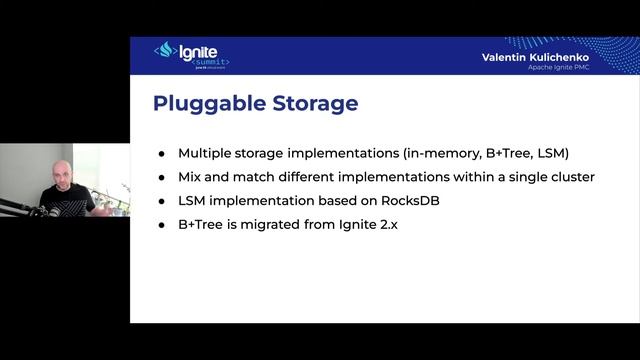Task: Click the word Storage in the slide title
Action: tap(308, 104)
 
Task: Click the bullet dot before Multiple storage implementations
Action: tap(162, 154)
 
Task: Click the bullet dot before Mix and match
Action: tap(162, 177)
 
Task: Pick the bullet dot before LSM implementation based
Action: tap(162, 201)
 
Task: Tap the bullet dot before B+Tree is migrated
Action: tap(162, 225)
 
